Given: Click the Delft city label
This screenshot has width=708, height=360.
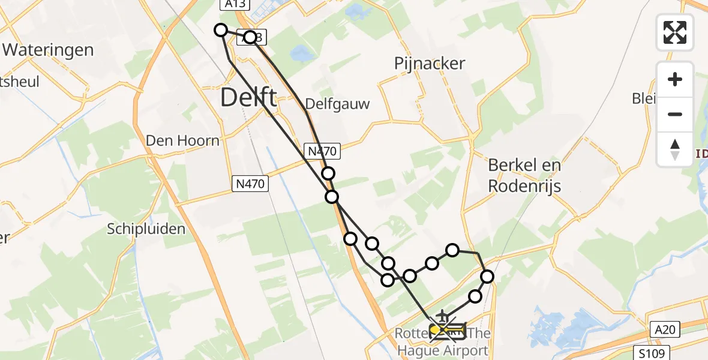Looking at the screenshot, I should click(248, 97).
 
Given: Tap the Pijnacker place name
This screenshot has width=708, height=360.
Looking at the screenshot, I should click(430, 64).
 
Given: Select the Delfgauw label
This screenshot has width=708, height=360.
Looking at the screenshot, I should click(338, 104).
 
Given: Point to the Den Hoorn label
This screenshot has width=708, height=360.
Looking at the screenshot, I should click(183, 140).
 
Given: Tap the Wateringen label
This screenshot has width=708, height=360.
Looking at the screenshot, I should click(48, 49).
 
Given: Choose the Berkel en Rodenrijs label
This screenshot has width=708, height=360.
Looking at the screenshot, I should click(524, 175).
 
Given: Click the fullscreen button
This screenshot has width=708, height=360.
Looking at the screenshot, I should click(675, 32).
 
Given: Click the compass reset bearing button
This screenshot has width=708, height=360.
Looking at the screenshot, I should click(675, 149).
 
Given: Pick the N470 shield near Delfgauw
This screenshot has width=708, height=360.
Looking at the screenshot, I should click(323, 152).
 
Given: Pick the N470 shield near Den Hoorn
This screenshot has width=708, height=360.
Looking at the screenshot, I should click(248, 184).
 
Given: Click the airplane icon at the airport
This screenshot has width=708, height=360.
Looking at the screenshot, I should click(443, 316).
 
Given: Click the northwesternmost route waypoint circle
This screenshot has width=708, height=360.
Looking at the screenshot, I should click(221, 30).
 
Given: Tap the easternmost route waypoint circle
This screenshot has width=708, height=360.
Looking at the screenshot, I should click(487, 277).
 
